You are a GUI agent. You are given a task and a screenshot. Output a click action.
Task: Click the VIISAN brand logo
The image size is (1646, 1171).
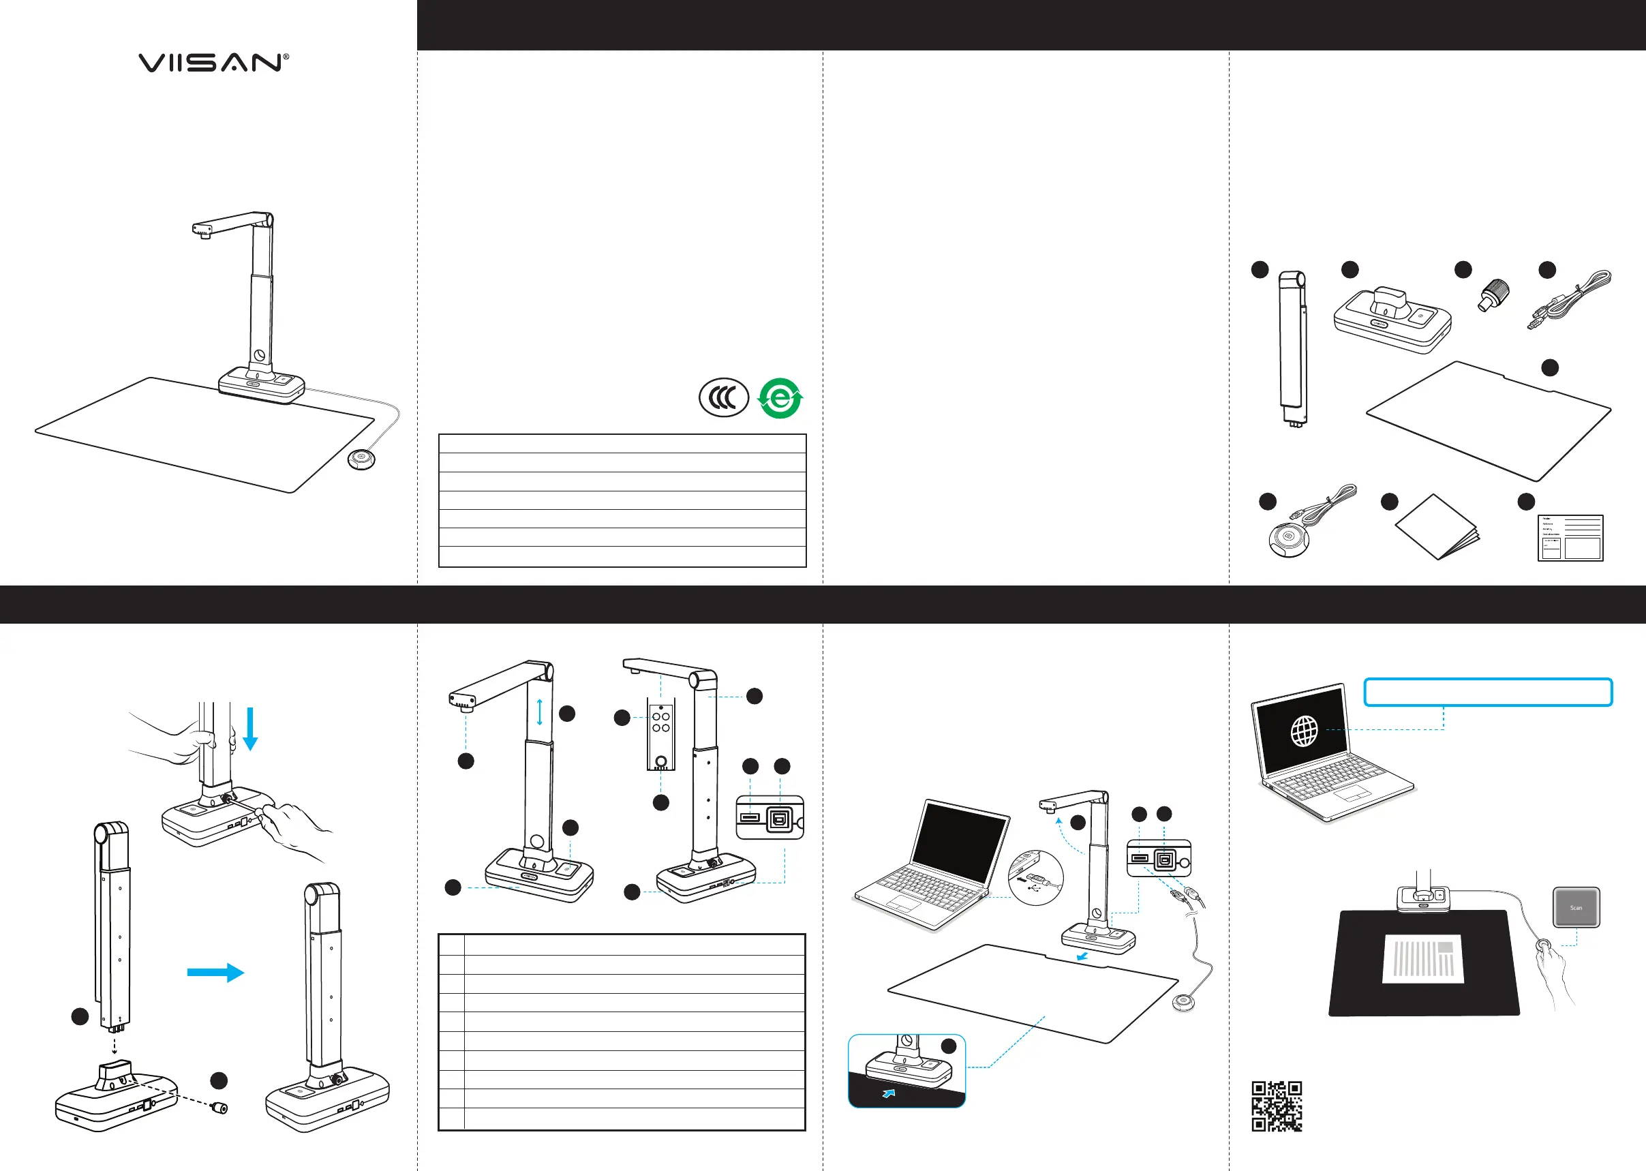[213, 63]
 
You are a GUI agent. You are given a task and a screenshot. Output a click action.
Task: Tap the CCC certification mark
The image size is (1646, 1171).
[724, 397]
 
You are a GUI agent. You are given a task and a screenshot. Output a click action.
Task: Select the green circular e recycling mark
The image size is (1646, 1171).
[780, 398]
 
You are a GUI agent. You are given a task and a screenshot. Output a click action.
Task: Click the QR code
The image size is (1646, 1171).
[1276, 1106]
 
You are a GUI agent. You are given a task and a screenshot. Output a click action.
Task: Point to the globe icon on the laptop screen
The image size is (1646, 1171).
[1305, 731]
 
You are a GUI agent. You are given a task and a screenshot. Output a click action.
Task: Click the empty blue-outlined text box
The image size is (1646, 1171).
[1488, 693]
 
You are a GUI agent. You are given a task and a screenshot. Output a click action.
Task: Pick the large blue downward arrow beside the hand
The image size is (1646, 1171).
[250, 728]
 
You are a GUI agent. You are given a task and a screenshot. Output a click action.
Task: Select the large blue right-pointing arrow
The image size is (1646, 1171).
[215, 972]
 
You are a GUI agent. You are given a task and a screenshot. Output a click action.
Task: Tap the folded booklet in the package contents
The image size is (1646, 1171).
[1437, 527]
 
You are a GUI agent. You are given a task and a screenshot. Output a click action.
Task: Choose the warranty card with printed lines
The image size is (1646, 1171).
[1570, 538]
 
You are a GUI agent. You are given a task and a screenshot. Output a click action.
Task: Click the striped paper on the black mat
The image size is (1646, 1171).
[1422, 958]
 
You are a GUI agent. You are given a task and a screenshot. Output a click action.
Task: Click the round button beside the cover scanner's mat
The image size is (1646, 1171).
[362, 459]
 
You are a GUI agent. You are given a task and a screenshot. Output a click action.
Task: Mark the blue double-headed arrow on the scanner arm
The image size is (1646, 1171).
[539, 712]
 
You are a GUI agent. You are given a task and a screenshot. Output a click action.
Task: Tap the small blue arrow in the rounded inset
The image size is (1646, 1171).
[889, 1094]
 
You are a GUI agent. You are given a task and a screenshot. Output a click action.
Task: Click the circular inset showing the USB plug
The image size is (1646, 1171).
[1035, 878]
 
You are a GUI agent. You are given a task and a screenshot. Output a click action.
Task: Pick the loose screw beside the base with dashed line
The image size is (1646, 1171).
[219, 1108]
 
